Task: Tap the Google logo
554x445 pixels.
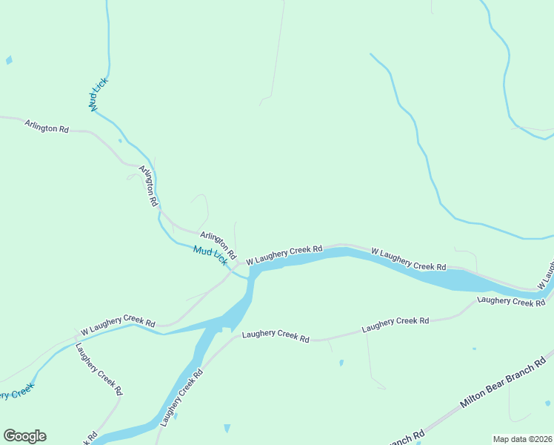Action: [24, 436]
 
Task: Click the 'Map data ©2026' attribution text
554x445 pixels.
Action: [523, 439]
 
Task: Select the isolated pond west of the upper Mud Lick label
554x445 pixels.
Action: [9, 60]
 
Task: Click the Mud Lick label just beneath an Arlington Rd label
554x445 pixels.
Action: [210, 256]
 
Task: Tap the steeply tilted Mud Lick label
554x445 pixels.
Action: [98, 94]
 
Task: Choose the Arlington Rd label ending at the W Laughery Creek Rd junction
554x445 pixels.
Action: [218, 243]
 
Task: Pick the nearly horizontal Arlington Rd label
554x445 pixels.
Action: [46, 127]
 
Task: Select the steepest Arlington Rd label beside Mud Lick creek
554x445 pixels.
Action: [149, 186]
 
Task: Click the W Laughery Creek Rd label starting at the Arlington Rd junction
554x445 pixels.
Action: [284, 255]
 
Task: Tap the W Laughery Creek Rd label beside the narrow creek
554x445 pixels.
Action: [118, 324]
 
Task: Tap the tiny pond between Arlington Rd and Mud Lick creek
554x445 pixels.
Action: [120, 139]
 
